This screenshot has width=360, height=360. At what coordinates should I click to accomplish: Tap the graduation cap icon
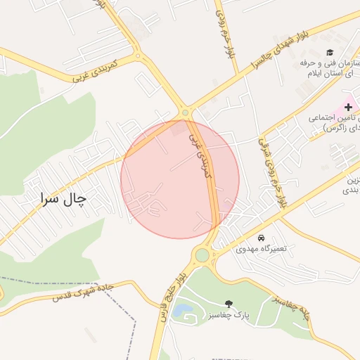click(329, 53)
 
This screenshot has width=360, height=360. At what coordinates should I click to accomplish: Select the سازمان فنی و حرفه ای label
click(330, 68)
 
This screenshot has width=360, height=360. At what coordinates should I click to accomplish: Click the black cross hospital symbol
click(348, 106)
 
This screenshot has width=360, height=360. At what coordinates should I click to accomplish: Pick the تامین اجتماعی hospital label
click(336, 122)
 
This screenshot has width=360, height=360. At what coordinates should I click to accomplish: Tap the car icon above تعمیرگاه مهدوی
click(262, 238)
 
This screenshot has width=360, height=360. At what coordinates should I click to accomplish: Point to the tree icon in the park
click(229, 303)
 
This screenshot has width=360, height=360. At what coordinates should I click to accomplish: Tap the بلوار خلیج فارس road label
click(172, 298)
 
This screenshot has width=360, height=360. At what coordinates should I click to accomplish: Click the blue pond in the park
click(182, 309)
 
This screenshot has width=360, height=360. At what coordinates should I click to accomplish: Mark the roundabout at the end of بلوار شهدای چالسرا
click(185, 112)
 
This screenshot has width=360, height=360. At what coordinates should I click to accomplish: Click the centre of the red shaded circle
click(180, 179)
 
